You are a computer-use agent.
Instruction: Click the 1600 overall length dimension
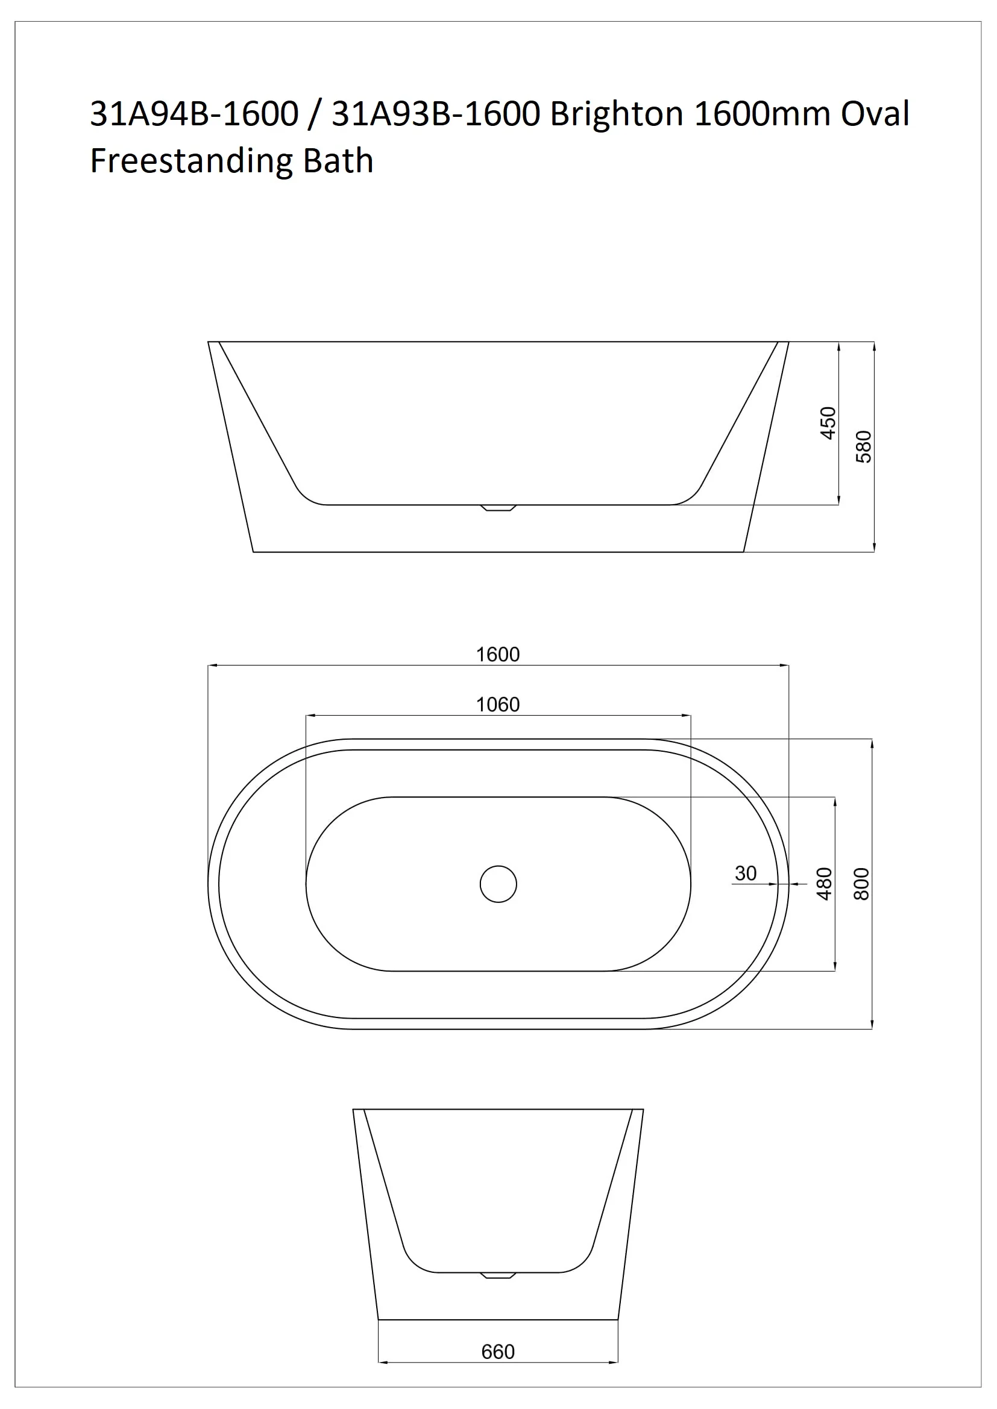498,655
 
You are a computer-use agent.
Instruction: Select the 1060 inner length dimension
498,705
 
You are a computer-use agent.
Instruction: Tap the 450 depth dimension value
828,423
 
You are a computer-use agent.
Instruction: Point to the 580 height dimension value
863,447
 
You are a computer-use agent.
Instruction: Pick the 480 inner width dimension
824,884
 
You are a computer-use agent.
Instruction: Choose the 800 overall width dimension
862,884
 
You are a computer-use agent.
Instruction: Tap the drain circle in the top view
498,884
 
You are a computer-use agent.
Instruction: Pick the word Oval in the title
875,114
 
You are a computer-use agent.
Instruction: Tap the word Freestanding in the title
192,161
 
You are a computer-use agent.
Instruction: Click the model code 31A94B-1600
194,114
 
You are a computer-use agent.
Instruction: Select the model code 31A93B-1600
436,114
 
